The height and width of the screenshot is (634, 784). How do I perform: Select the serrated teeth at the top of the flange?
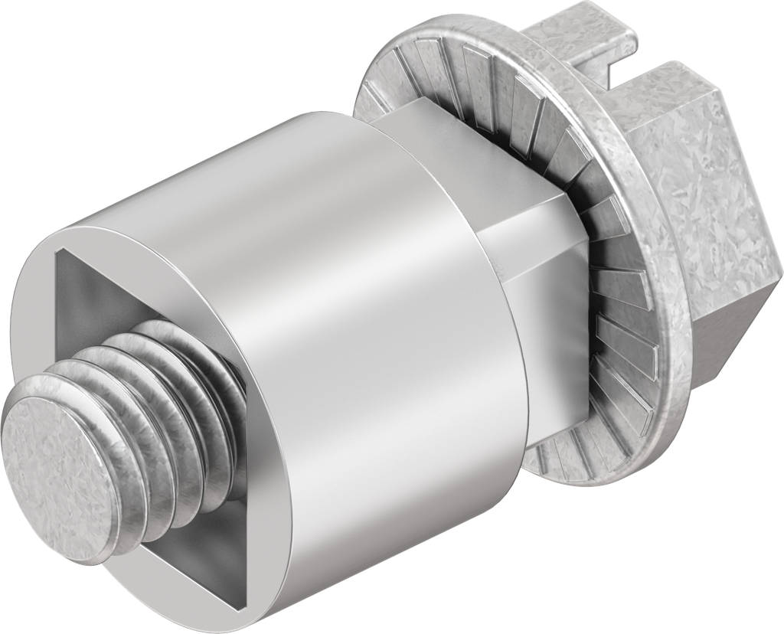[x=459, y=77]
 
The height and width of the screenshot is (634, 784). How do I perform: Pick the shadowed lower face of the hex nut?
[x=727, y=322]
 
